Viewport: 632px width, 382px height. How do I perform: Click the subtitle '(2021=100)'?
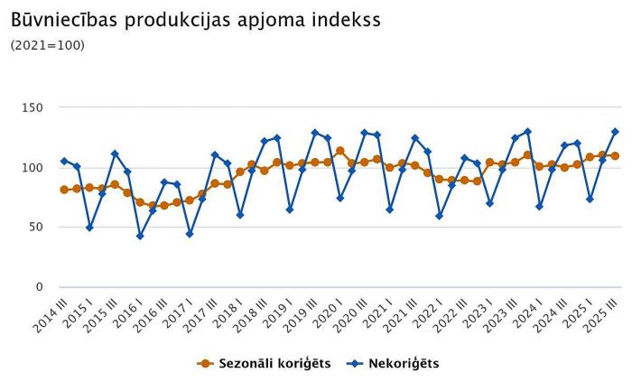pos(47,45)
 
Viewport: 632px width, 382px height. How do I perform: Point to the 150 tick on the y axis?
pos(33,107)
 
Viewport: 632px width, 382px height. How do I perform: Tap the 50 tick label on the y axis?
pos(36,228)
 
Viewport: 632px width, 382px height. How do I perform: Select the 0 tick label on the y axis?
pos(40,287)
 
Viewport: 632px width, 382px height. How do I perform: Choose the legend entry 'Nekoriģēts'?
pos(395,363)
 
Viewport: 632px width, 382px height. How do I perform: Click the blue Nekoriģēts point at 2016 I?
pos(140,236)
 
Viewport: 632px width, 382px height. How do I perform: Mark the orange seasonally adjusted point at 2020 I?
pos(339,151)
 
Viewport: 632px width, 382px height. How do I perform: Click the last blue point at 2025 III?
pos(615,132)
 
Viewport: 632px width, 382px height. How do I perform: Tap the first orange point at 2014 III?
pos(64,190)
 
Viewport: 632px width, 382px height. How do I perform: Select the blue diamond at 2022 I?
pos(440,216)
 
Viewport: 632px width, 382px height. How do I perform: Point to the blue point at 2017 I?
pos(190,234)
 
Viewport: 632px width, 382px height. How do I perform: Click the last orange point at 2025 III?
pos(615,155)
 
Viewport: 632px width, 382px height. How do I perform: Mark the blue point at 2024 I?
pos(540,207)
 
